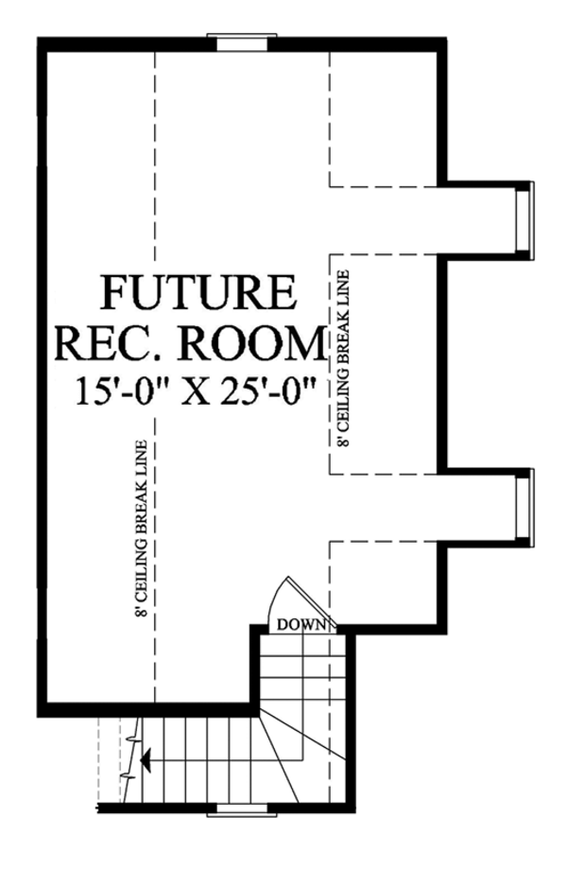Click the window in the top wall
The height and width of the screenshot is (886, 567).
(x=241, y=41)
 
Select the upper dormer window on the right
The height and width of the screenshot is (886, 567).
(x=523, y=218)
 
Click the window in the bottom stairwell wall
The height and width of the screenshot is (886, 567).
(x=241, y=808)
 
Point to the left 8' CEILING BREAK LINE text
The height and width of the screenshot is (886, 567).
(x=141, y=530)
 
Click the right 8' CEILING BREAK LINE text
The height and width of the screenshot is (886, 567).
(x=343, y=359)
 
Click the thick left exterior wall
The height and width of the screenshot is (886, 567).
(x=42, y=378)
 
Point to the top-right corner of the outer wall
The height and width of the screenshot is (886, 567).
(x=440, y=43)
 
